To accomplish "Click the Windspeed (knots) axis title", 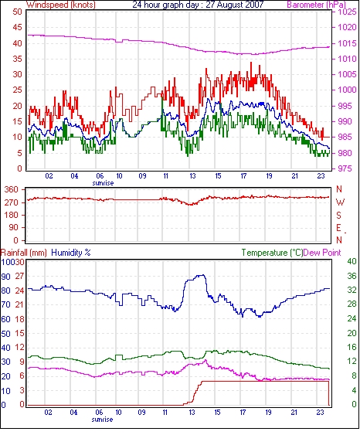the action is click(x=61, y=5).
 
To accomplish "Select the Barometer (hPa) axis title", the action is click(x=316, y=5).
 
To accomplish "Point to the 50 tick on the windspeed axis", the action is click(x=17, y=12).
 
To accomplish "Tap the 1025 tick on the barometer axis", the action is click(x=347, y=12).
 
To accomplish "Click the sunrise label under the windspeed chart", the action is click(x=103, y=183).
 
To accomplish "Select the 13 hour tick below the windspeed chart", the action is click(x=192, y=176).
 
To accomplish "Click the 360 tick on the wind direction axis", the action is click(x=12, y=190).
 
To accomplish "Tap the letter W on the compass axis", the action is click(x=340, y=202).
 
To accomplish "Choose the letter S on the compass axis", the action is click(x=338, y=216).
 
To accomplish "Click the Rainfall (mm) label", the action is click(x=24, y=253).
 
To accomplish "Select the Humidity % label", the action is click(x=71, y=253).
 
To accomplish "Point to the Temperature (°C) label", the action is click(x=272, y=253).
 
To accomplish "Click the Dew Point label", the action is click(x=322, y=253).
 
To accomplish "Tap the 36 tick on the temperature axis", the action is click(x=352, y=276).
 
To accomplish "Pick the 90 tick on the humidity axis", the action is click(x=6, y=277).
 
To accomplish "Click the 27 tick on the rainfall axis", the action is click(x=19, y=277).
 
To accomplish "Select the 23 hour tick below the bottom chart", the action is click(x=321, y=413).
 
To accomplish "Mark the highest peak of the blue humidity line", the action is click(x=203, y=275).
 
